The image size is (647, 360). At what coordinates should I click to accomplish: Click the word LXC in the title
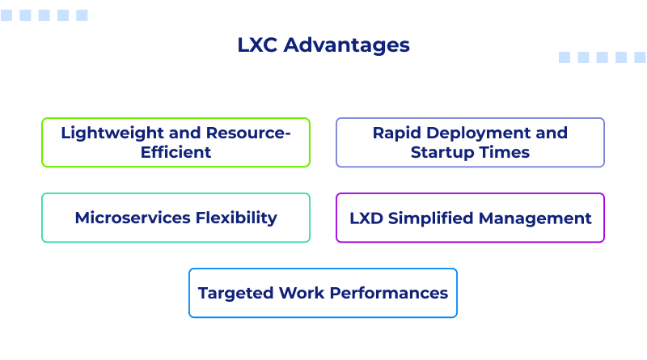pos(256,45)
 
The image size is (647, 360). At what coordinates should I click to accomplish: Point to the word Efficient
pos(175,152)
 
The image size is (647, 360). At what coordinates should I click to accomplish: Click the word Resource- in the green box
pos(248,133)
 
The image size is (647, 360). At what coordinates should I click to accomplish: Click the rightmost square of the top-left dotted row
pos(82,15)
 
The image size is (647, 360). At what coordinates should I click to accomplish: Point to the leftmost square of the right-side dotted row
pos(565,57)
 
